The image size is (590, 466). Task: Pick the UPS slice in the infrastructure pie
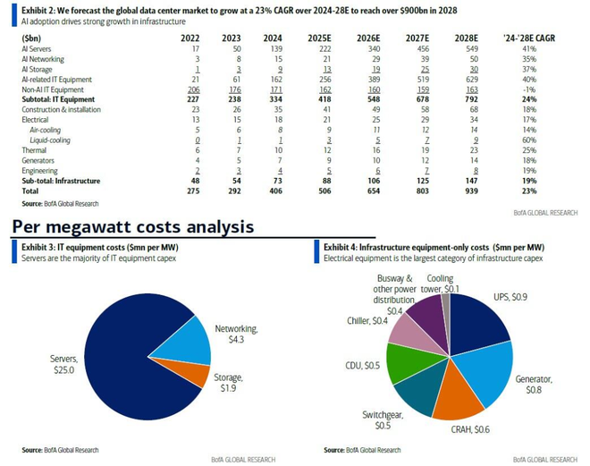click(x=465, y=322)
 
